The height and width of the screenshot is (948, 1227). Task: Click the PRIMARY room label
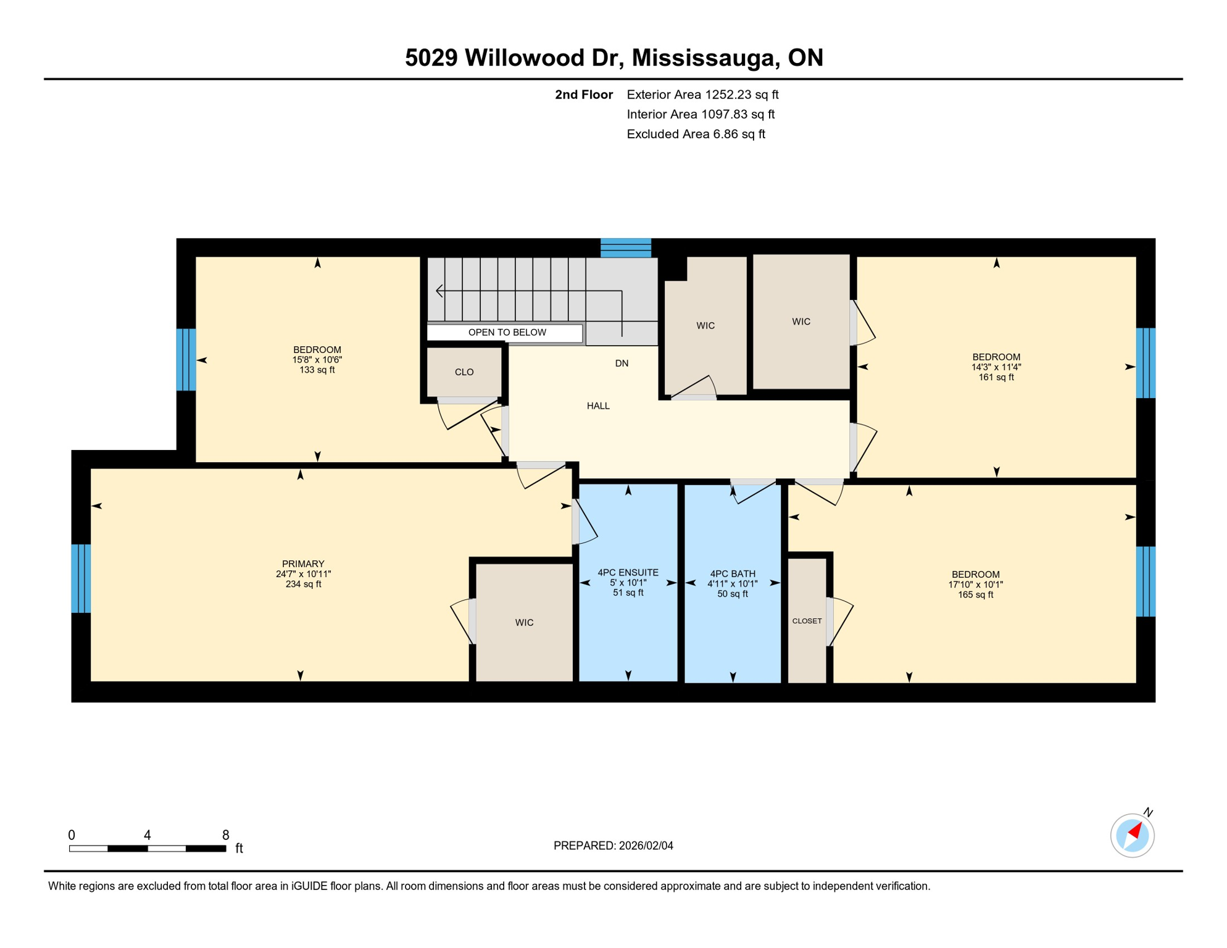point(303,563)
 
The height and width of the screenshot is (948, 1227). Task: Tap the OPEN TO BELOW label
point(507,333)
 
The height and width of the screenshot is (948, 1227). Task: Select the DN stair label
point(622,364)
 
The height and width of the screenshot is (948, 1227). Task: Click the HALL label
point(598,406)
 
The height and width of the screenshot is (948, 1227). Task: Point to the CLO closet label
point(464,372)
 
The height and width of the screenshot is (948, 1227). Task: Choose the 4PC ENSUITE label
point(628,573)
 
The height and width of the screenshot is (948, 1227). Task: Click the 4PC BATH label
point(732,574)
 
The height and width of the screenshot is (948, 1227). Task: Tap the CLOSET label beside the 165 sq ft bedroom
point(807,621)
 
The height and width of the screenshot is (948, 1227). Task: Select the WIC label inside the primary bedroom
point(524,623)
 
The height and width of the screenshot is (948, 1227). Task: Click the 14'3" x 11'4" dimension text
point(996,367)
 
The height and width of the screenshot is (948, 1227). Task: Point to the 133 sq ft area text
point(317,370)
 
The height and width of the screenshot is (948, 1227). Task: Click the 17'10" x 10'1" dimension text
point(975,584)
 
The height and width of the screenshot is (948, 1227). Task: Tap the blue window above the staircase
point(626,247)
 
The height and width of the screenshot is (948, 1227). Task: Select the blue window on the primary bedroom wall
point(81,578)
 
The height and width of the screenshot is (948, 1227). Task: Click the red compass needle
point(1135,831)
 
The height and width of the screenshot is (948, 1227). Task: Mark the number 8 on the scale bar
point(226,835)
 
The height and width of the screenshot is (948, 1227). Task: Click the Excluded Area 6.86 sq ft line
point(696,134)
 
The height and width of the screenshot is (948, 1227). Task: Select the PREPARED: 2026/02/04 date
point(613,846)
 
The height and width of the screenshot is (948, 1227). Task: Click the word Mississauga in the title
point(703,57)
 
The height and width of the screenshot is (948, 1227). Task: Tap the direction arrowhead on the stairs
point(439,291)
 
